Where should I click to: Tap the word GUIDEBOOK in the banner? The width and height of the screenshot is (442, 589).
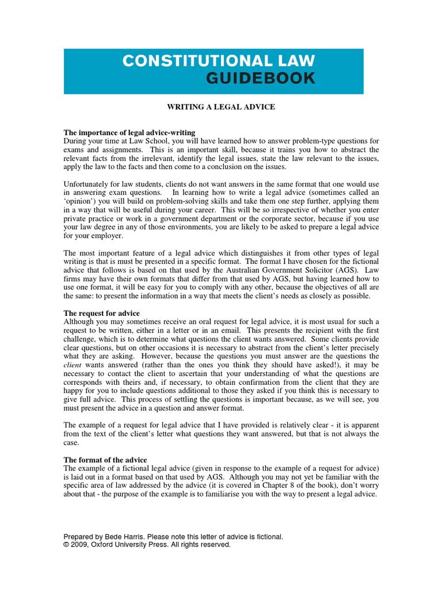(x=261, y=79)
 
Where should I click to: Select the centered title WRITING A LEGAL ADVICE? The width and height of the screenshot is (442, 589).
(x=221, y=107)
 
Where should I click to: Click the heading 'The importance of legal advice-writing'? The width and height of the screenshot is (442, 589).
(x=129, y=132)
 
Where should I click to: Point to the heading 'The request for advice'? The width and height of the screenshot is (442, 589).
(x=102, y=313)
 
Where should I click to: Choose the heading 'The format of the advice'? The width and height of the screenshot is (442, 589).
(x=105, y=460)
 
